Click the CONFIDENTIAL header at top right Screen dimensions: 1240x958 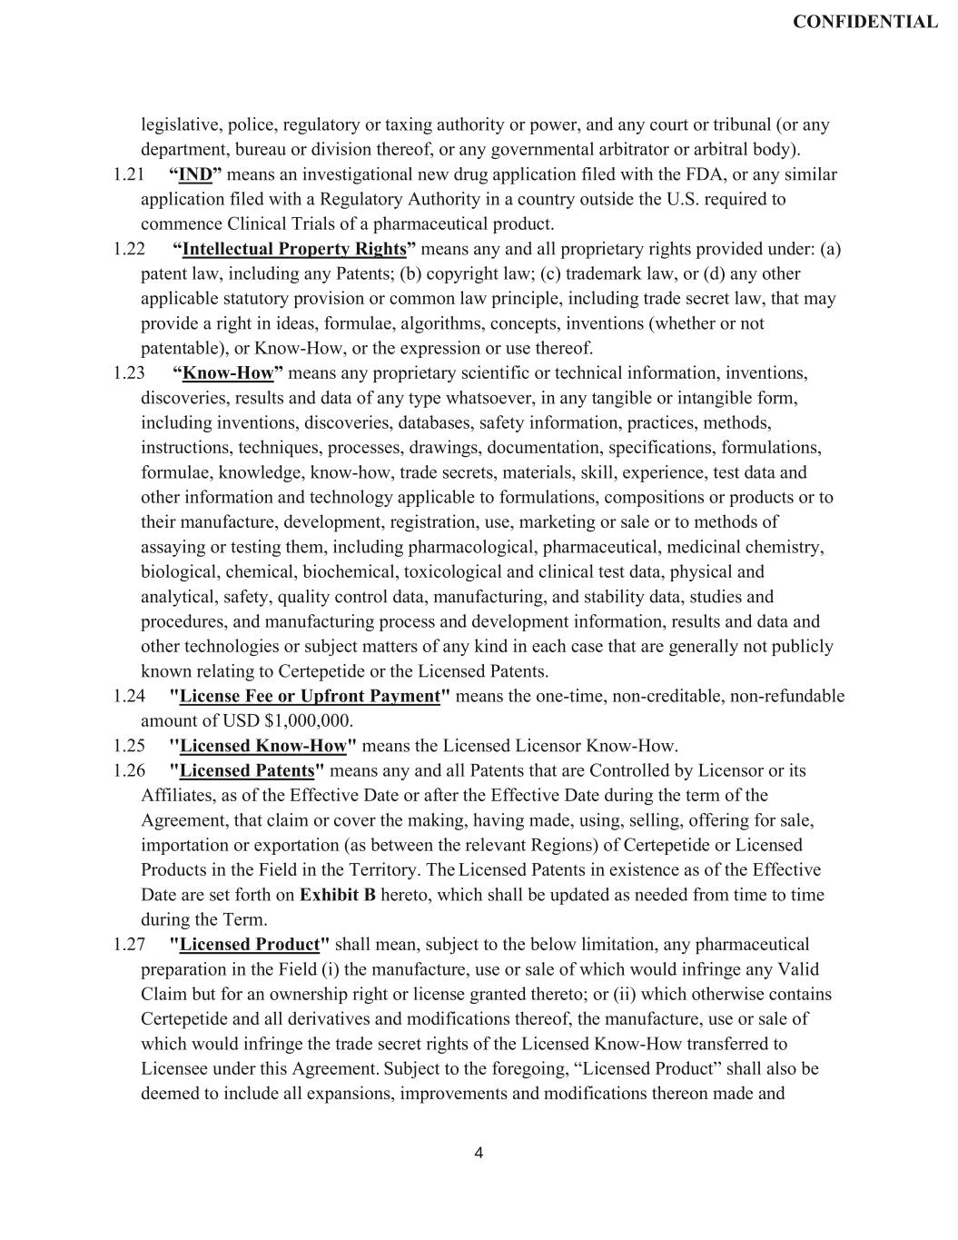tap(864, 23)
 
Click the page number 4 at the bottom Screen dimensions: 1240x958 tap(479, 1154)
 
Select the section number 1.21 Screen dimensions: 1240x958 tap(129, 174)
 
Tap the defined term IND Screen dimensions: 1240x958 tap(195, 174)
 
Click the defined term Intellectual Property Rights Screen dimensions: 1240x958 tap(293, 249)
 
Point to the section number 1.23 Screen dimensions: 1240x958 tap(129, 373)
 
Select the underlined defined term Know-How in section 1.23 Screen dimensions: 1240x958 tap(228, 373)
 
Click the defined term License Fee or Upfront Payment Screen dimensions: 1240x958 tap(310, 697)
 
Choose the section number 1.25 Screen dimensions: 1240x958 tap(129, 747)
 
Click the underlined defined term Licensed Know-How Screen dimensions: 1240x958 tap(263, 747)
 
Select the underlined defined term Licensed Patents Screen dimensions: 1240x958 tap(247, 771)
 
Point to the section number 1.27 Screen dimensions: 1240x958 tap(129, 945)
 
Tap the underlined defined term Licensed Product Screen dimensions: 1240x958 tap(250, 945)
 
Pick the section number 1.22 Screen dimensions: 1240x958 tap(129, 249)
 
